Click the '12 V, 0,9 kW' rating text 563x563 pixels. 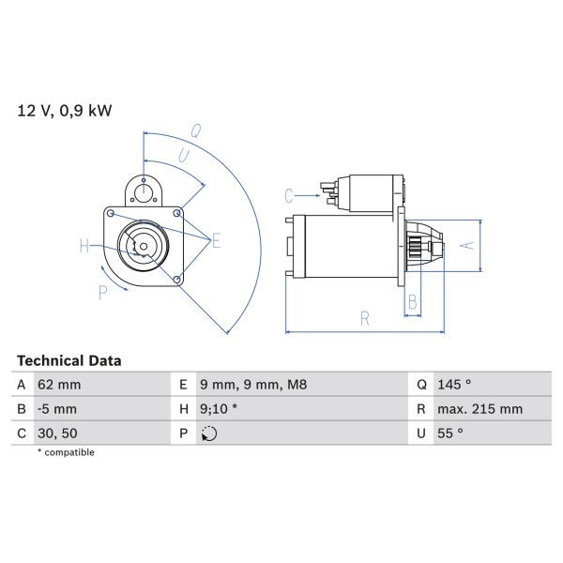pyautogui.click(x=64, y=111)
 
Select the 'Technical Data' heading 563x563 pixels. pyautogui.click(x=69, y=360)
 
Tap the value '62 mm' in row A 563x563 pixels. pyautogui.click(x=59, y=384)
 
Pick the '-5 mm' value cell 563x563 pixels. pyautogui.click(x=58, y=409)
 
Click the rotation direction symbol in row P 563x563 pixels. pyautogui.click(x=208, y=434)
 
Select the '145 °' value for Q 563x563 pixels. pyautogui.click(x=454, y=384)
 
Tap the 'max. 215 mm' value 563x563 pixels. pyautogui.click(x=479, y=409)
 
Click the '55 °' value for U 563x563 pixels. pyautogui.click(x=450, y=434)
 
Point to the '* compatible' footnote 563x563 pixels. pyautogui.click(x=66, y=452)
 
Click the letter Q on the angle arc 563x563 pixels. pyautogui.click(x=197, y=130)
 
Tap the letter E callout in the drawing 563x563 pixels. pyautogui.click(x=216, y=242)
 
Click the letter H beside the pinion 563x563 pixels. pyautogui.click(x=84, y=247)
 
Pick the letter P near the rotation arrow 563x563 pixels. pyautogui.click(x=102, y=292)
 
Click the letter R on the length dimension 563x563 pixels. pyautogui.click(x=365, y=319)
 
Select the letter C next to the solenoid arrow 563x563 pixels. pyautogui.click(x=290, y=195)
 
